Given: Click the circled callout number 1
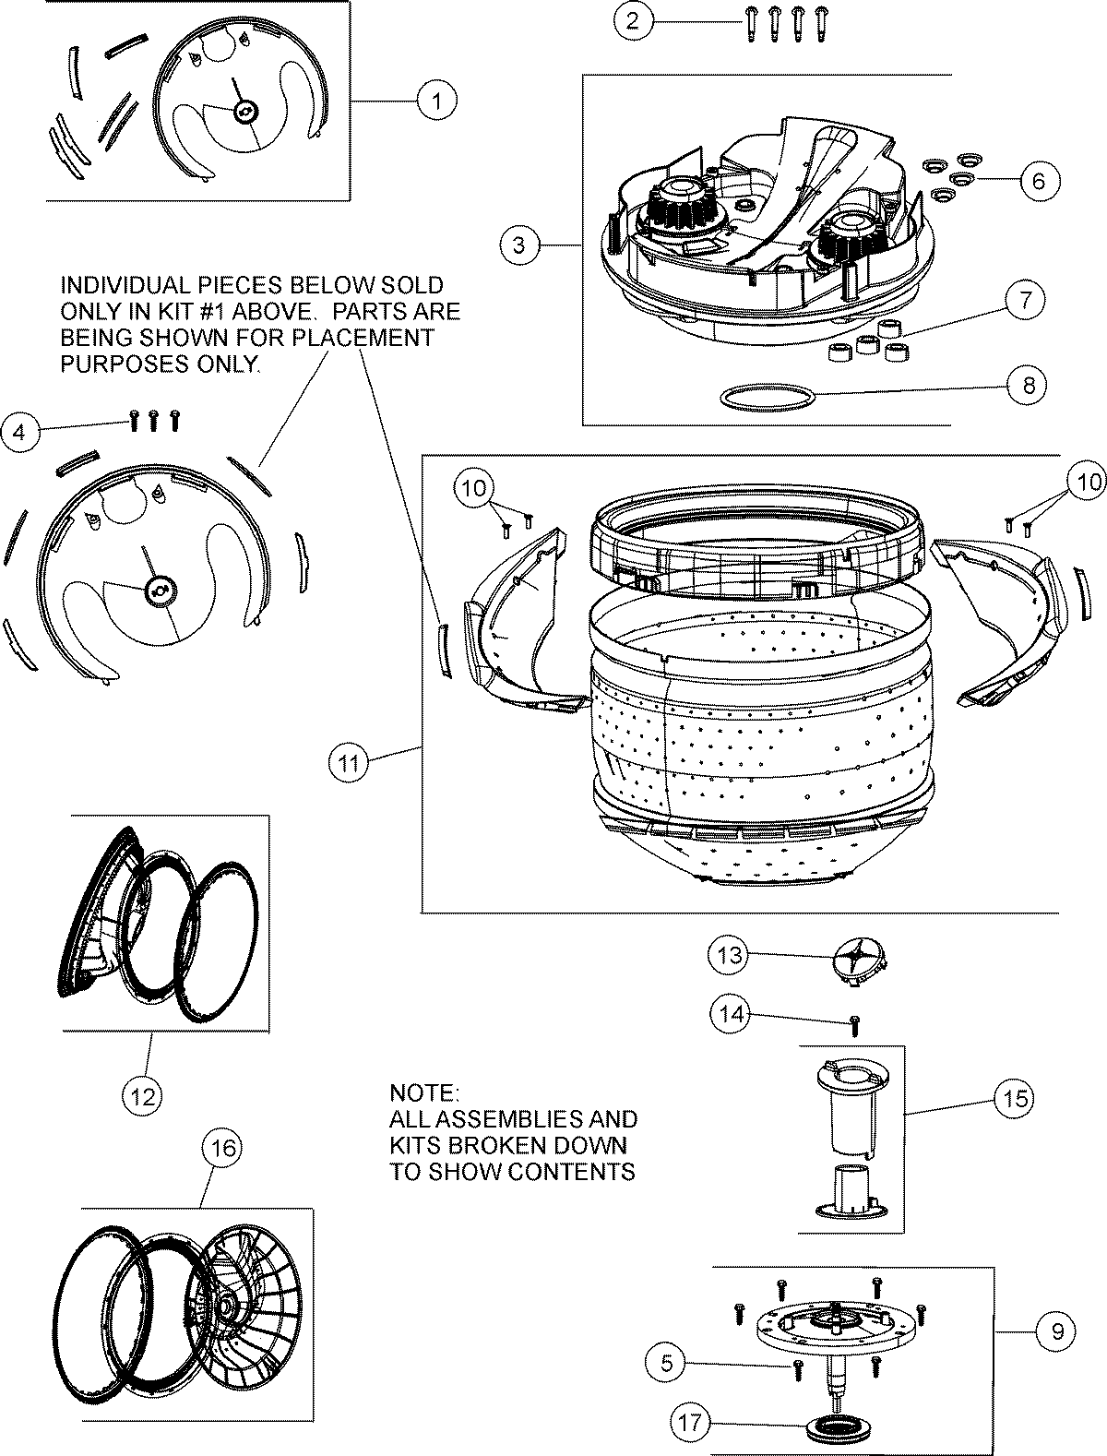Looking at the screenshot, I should (x=436, y=100).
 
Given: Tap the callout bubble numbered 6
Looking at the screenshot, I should (x=1039, y=180).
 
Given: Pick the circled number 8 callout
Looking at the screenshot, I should (x=1028, y=385).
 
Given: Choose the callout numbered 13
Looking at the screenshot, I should (x=730, y=955).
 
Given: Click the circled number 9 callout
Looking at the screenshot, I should (x=1056, y=1331).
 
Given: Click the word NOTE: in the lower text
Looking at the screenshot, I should (x=423, y=1093).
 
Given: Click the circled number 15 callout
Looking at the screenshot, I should (x=1014, y=1098).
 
